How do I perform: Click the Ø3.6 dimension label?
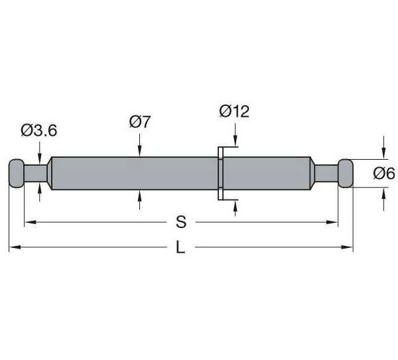[39, 131]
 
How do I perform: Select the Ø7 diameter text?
[140, 122]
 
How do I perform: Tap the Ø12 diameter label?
[234, 111]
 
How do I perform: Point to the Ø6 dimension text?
[384, 174]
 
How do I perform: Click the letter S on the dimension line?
[181, 222]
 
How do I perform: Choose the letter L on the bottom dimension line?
[180, 247]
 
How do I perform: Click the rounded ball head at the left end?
[17, 173]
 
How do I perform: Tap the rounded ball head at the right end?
[346, 173]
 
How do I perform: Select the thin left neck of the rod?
[36, 173]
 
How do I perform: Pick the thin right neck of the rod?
[326, 173]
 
